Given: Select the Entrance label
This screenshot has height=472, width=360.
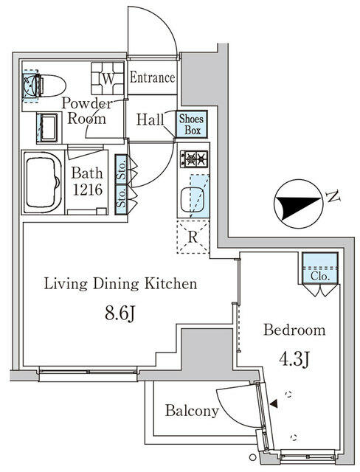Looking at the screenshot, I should pos(153,77).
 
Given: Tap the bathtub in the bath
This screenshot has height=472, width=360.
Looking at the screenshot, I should pos(45,181).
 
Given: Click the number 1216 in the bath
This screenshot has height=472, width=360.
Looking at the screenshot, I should pos(86,191).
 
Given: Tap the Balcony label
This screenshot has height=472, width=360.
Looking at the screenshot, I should pos(192,411).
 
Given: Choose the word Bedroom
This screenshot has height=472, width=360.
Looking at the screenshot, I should pos(295,330).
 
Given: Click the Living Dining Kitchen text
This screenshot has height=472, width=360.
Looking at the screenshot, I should pos(120,283).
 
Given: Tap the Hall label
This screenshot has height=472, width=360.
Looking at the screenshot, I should pos(150,118).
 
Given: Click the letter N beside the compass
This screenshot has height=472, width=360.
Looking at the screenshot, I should pos(333,196).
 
